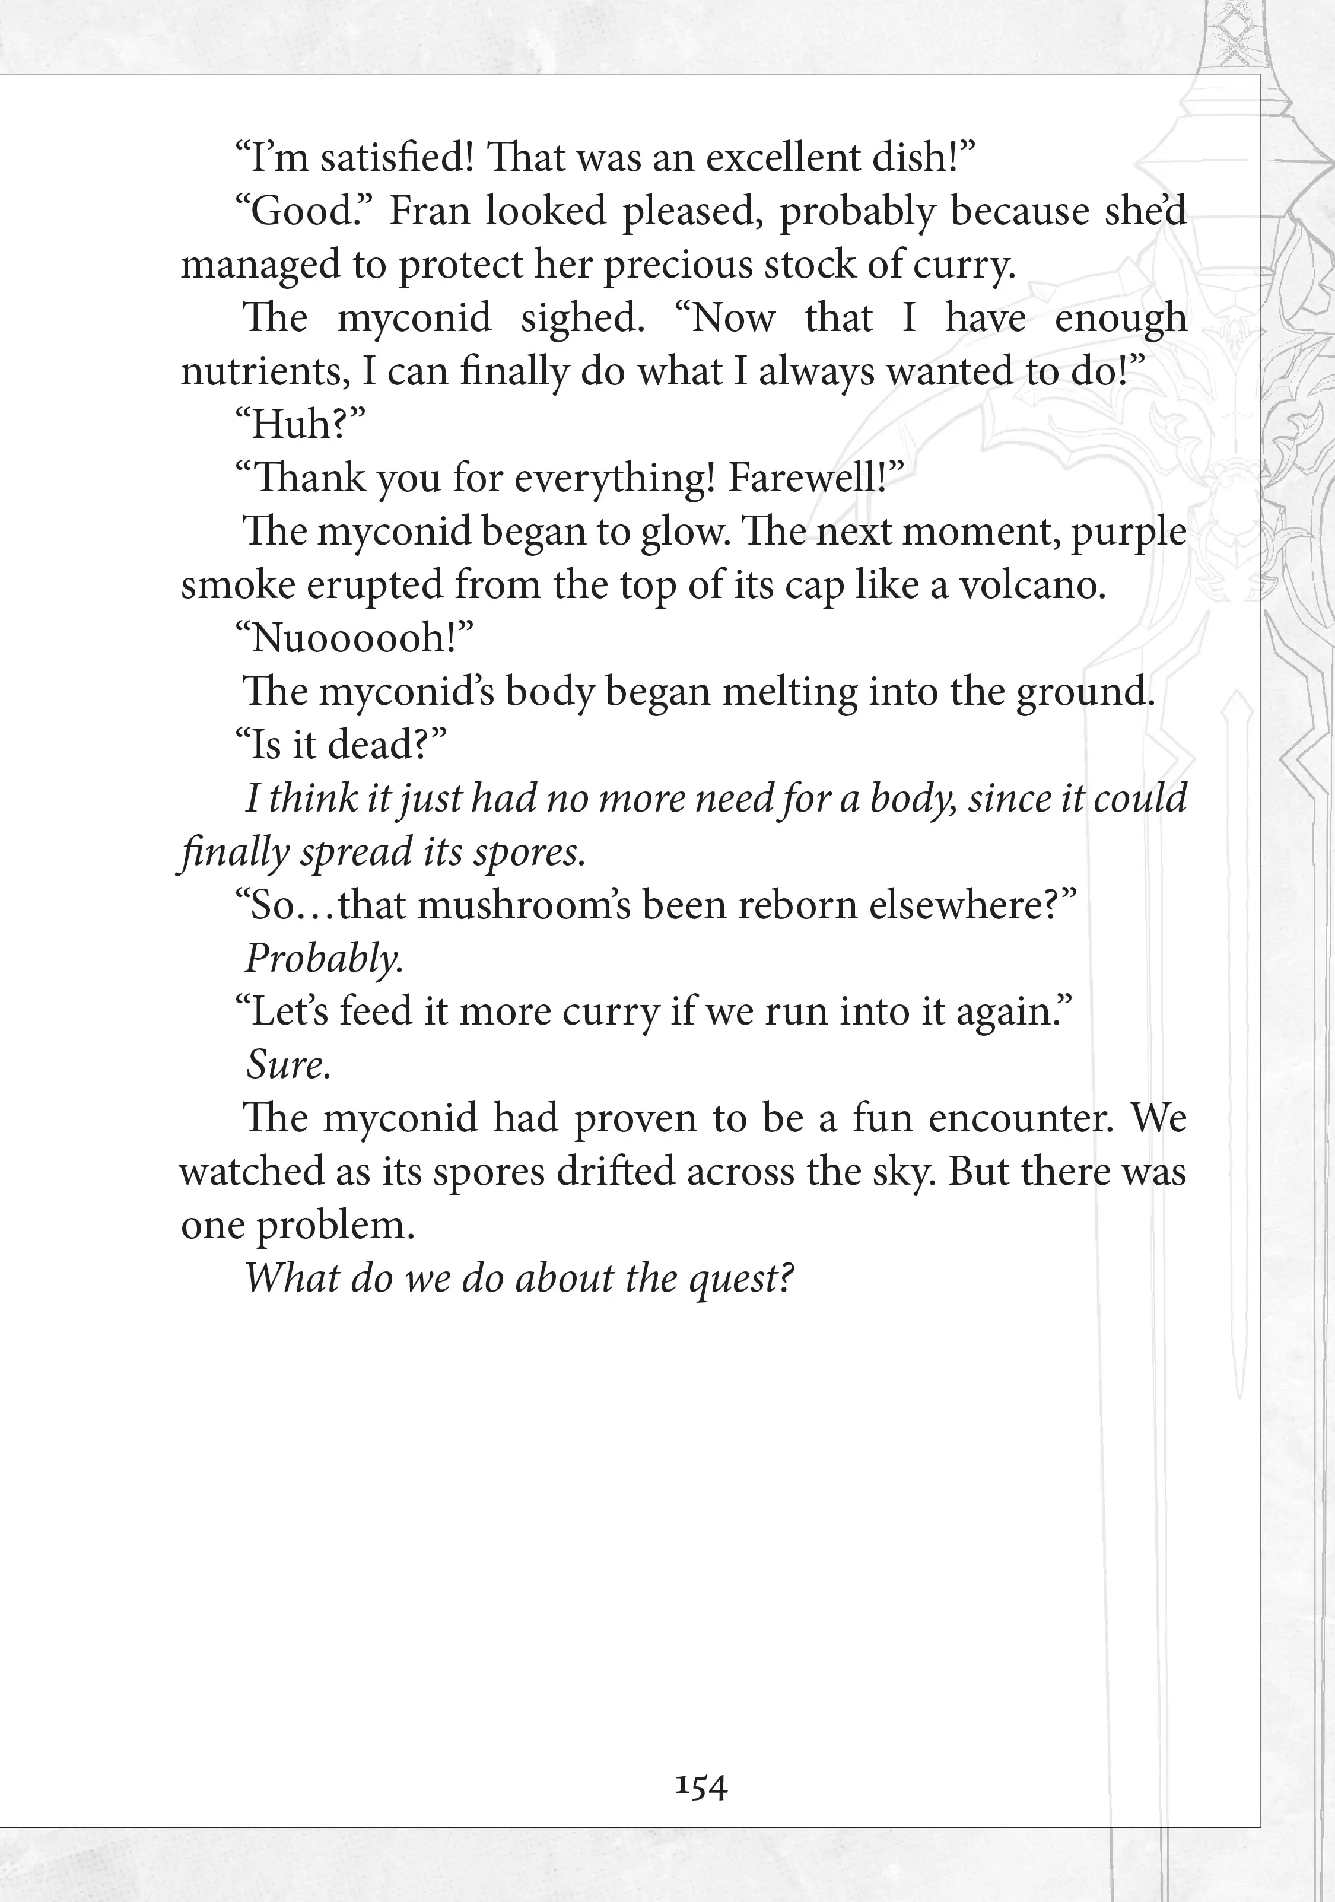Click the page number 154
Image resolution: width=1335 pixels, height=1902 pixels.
(701, 1787)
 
